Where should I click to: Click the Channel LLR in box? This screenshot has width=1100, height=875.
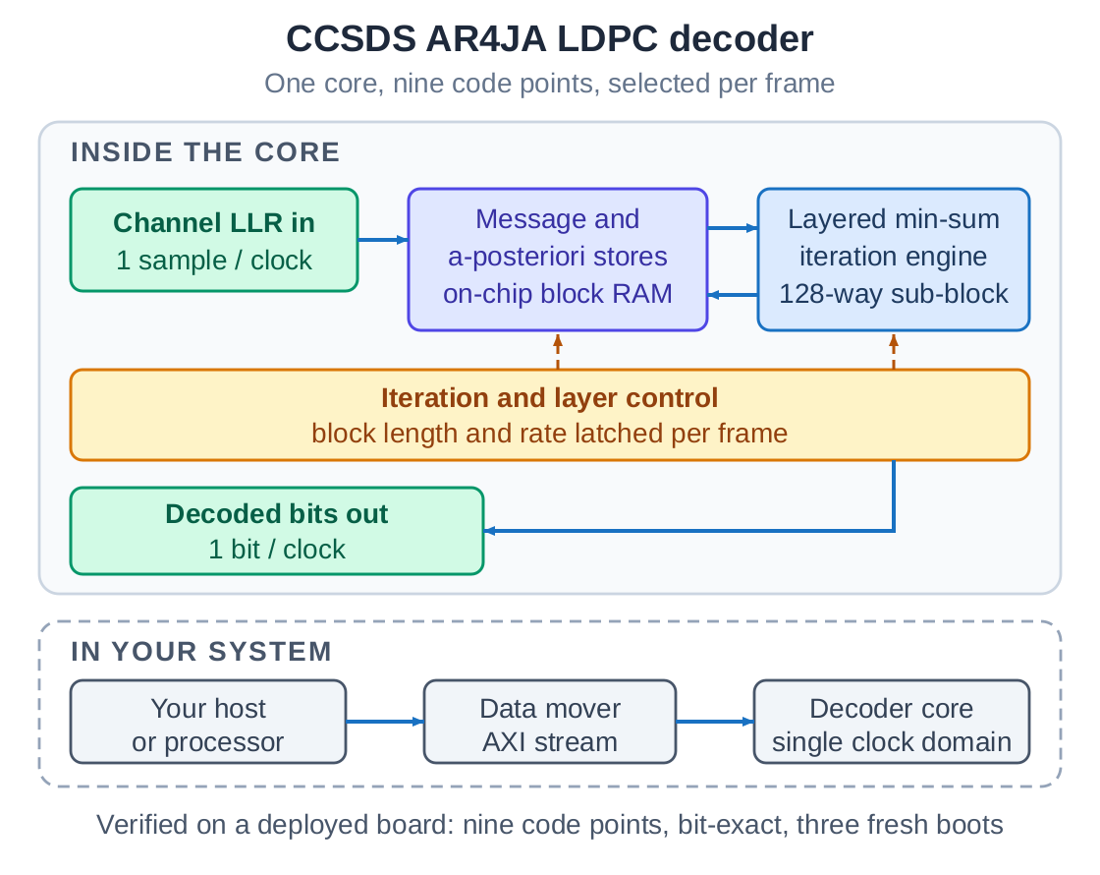[x=214, y=240]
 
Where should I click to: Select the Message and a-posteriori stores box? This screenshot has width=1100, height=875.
[x=558, y=260]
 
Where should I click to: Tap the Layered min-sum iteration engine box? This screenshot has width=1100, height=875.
[x=893, y=260]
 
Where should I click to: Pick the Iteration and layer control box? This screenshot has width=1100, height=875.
[x=549, y=415]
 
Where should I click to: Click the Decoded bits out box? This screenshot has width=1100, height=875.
[x=276, y=531]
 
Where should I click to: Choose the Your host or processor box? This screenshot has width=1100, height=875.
[x=207, y=722]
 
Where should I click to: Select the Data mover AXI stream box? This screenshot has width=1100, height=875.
[x=550, y=722]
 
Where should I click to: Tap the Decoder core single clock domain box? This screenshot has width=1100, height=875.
[x=892, y=722]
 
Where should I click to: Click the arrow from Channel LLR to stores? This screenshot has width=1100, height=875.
[x=383, y=240]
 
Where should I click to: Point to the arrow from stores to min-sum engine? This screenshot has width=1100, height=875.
[x=733, y=228]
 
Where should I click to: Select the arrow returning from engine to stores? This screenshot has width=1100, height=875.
[x=733, y=295]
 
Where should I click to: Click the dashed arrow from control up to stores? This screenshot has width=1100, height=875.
[x=558, y=352]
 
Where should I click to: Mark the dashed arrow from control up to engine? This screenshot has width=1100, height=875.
[x=894, y=352]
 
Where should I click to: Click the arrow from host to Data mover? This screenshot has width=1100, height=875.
[x=385, y=722]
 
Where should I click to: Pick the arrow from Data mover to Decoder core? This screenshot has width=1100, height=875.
[x=716, y=722]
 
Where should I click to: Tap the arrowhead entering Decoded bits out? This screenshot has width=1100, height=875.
[x=489, y=531]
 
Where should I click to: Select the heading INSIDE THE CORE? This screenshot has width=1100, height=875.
[x=205, y=152]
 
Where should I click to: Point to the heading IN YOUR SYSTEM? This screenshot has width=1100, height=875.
[x=201, y=652]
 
